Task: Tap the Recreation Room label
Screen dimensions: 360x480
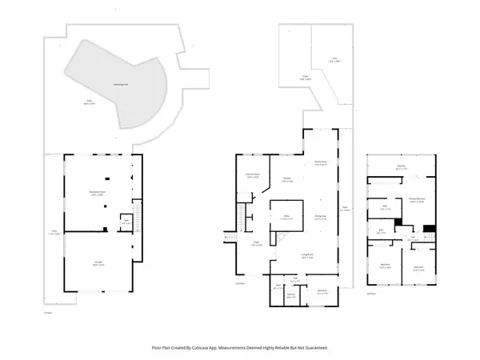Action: click(98, 194)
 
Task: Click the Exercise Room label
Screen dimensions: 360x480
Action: click(254, 176)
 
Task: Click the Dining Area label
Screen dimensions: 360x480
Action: click(319, 217)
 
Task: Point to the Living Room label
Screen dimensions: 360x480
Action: click(306, 256)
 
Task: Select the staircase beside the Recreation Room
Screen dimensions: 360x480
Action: click(135, 216)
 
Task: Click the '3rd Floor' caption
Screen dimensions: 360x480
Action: click(371, 292)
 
